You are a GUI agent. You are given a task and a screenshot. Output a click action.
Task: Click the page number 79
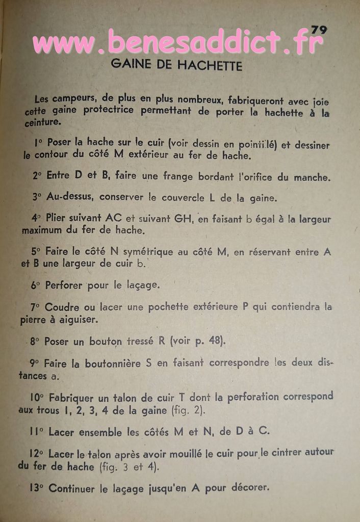tap(319, 30)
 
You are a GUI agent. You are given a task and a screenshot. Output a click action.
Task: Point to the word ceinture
tap(42, 122)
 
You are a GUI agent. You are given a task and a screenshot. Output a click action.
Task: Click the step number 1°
tap(38, 143)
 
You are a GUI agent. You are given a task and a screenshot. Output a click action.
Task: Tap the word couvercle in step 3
tap(178, 197)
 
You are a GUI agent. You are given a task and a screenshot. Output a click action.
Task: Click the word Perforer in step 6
tap(64, 285)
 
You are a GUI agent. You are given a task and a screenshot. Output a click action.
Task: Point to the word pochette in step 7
tap(168, 307)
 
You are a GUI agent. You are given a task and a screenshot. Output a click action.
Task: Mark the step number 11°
tap(37, 432)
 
